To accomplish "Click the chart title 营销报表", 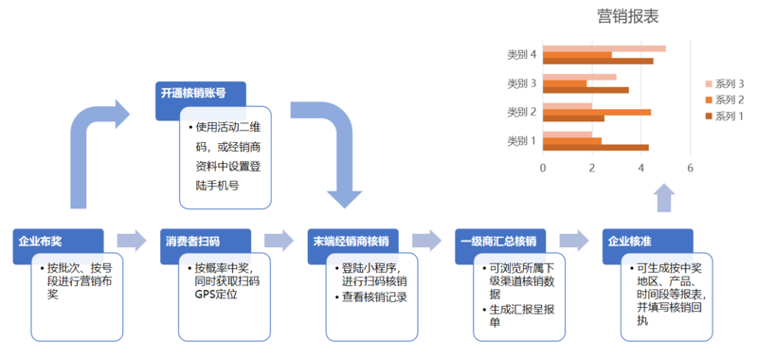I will (628, 16).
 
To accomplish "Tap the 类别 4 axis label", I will (522, 55).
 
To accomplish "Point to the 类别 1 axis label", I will (522, 141).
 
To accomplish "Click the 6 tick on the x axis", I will (691, 168).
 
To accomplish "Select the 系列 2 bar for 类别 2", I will (597, 112).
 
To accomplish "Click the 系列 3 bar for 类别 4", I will (604, 48).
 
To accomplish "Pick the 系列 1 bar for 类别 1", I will (596, 147).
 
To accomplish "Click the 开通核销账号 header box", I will (200, 95).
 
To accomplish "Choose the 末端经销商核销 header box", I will (355, 241).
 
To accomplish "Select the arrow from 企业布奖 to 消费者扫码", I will (130, 241).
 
